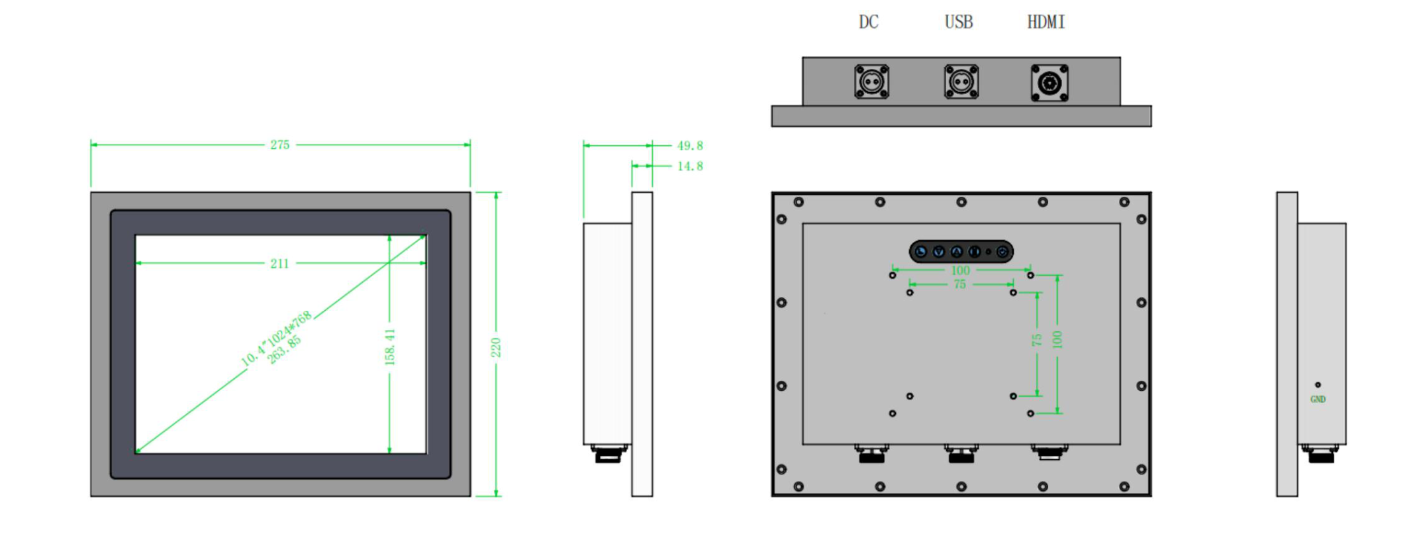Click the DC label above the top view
click(868, 23)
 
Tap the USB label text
click(958, 23)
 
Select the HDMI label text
click(1045, 23)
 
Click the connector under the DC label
click(871, 82)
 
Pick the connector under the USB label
click(961, 82)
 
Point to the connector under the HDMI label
click(1049, 83)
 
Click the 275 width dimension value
click(279, 145)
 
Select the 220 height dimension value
click(496, 347)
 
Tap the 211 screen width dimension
click(279, 264)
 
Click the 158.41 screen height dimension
click(390, 347)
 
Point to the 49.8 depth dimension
click(690, 146)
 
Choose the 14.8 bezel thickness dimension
click(690, 166)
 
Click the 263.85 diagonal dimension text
click(285, 350)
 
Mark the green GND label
click(1318, 400)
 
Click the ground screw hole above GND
click(1318, 385)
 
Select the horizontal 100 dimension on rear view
click(960, 270)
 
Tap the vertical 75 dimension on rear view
click(1037, 339)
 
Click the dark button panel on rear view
click(961, 252)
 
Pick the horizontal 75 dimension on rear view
click(959, 284)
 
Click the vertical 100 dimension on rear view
click(1057, 339)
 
